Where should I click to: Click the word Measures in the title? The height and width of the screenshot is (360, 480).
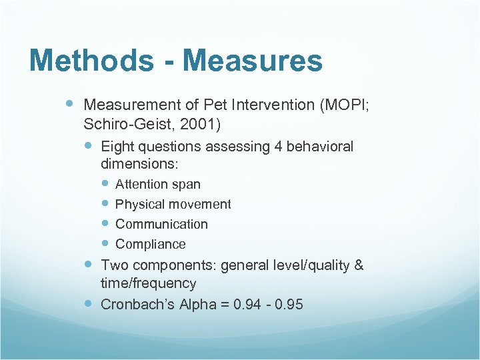[x=253, y=61]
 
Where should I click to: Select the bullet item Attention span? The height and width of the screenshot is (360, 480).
[x=158, y=185]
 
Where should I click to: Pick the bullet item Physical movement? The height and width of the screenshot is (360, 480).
[x=173, y=205]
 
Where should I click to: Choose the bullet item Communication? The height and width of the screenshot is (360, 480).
[x=161, y=225]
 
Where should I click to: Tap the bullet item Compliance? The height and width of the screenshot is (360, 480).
[x=151, y=245]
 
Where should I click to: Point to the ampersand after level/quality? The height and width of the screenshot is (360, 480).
[x=359, y=265]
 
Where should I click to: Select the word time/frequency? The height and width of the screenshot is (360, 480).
[x=149, y=284]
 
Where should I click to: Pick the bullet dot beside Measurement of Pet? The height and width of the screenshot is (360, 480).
[x=71, y=104]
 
